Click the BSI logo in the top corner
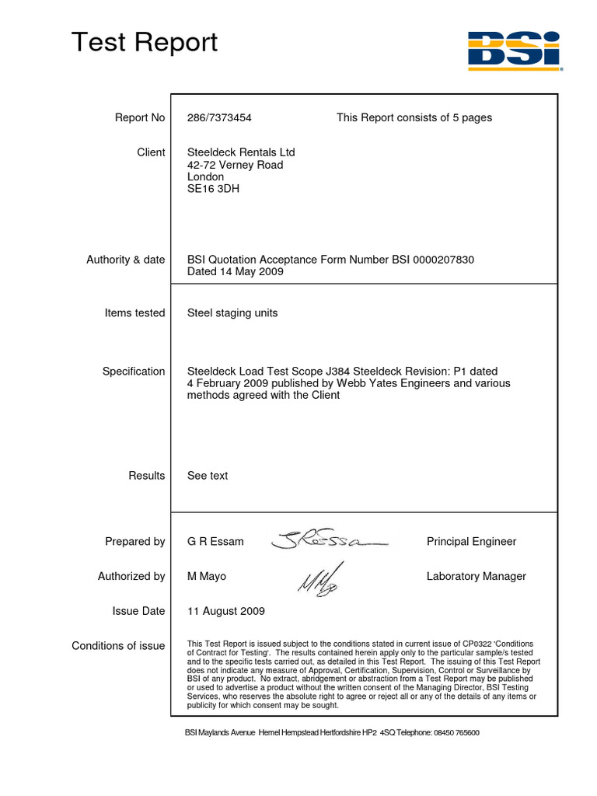(x=512, y=50)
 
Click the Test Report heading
(x=145, y=42)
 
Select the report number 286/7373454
(x=219, y=117)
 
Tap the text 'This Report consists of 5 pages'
(x=414, y=117)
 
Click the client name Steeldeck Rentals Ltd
(x=241, y=152)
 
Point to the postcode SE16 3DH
(x=214, y=188)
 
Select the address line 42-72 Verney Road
(x=235, y=165)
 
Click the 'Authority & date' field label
(x=125, y=260)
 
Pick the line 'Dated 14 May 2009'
(x=235, y=272)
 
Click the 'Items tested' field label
(x=134, y=312)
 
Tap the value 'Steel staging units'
(x=232, y=312)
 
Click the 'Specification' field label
(x=134, y=372)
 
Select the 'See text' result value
(x=208, y=475)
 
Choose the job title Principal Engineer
(x=471, y=541)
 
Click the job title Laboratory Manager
(x=476, y=576)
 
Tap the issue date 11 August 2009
(x=225, y=611)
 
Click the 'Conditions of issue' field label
(x=118, y=646)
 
